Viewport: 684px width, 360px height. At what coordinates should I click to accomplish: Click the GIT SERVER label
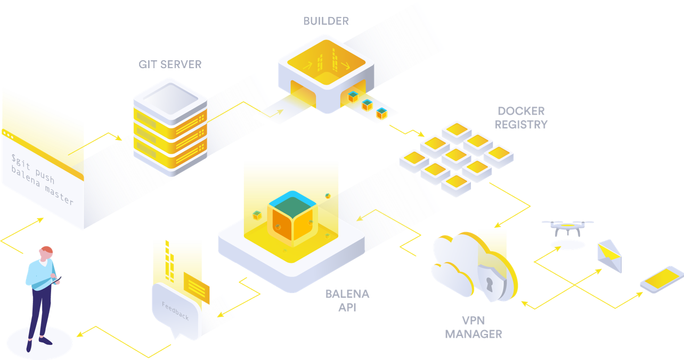pyautogui.click(x=170, y=64)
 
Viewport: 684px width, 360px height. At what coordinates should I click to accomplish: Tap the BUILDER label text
pyautogui.click(x=325, y=21)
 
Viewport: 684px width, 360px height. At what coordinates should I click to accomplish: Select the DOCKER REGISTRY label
pyautogui.click(x=521, y=118)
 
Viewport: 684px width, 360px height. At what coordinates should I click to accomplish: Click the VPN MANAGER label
pyautogui.click(x=473, y=328)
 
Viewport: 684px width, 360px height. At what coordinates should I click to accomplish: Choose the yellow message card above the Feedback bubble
pyautogui.click(x=196, y=287)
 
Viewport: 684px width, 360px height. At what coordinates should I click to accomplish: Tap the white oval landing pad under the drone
pyautogui.click(x=567, y=245)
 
